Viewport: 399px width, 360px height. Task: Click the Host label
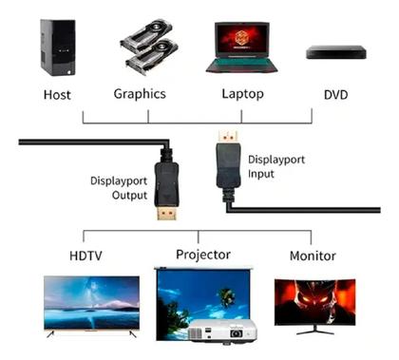coord(57,94)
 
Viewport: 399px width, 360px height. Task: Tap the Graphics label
coord(140,94)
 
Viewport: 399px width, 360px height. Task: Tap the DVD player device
coord(335,53)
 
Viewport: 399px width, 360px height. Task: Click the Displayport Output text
coord(120,187)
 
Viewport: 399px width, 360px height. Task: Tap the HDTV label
coord(87,256)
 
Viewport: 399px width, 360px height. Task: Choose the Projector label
coord(202,254)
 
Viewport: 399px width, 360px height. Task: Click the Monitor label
coord(312,256)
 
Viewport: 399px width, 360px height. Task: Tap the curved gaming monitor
coord(314,303)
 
